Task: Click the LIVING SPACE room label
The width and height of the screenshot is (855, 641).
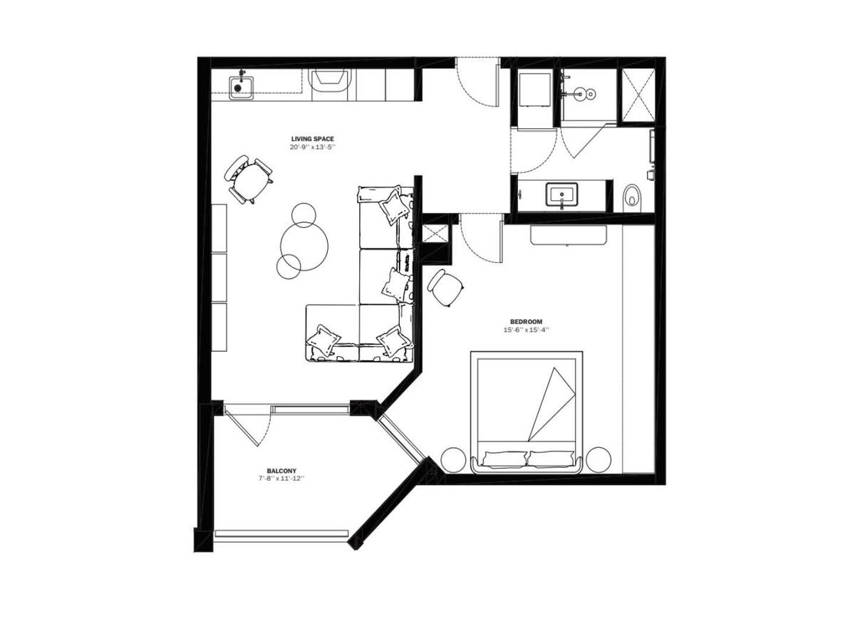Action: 312,139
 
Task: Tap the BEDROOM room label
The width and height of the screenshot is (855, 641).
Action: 526,321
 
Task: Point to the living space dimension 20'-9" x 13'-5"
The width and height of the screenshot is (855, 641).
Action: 312,147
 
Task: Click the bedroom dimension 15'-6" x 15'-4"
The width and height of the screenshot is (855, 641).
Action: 526,330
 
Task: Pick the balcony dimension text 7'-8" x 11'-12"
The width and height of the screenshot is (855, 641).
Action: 281,479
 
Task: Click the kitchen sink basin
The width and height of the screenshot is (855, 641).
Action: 242,88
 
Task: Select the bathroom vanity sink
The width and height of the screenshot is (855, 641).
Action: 562,194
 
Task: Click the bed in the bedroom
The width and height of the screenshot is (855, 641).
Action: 527,412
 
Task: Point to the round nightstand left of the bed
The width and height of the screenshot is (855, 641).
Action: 453,460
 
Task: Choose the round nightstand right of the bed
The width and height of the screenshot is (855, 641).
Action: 598,460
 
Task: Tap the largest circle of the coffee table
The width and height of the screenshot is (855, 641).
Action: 304,246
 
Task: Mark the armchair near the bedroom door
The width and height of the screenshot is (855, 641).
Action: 445,288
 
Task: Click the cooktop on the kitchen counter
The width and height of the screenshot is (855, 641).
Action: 331,85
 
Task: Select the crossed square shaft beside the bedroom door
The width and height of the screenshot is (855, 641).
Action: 436,234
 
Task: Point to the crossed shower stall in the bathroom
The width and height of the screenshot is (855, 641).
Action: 638,95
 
